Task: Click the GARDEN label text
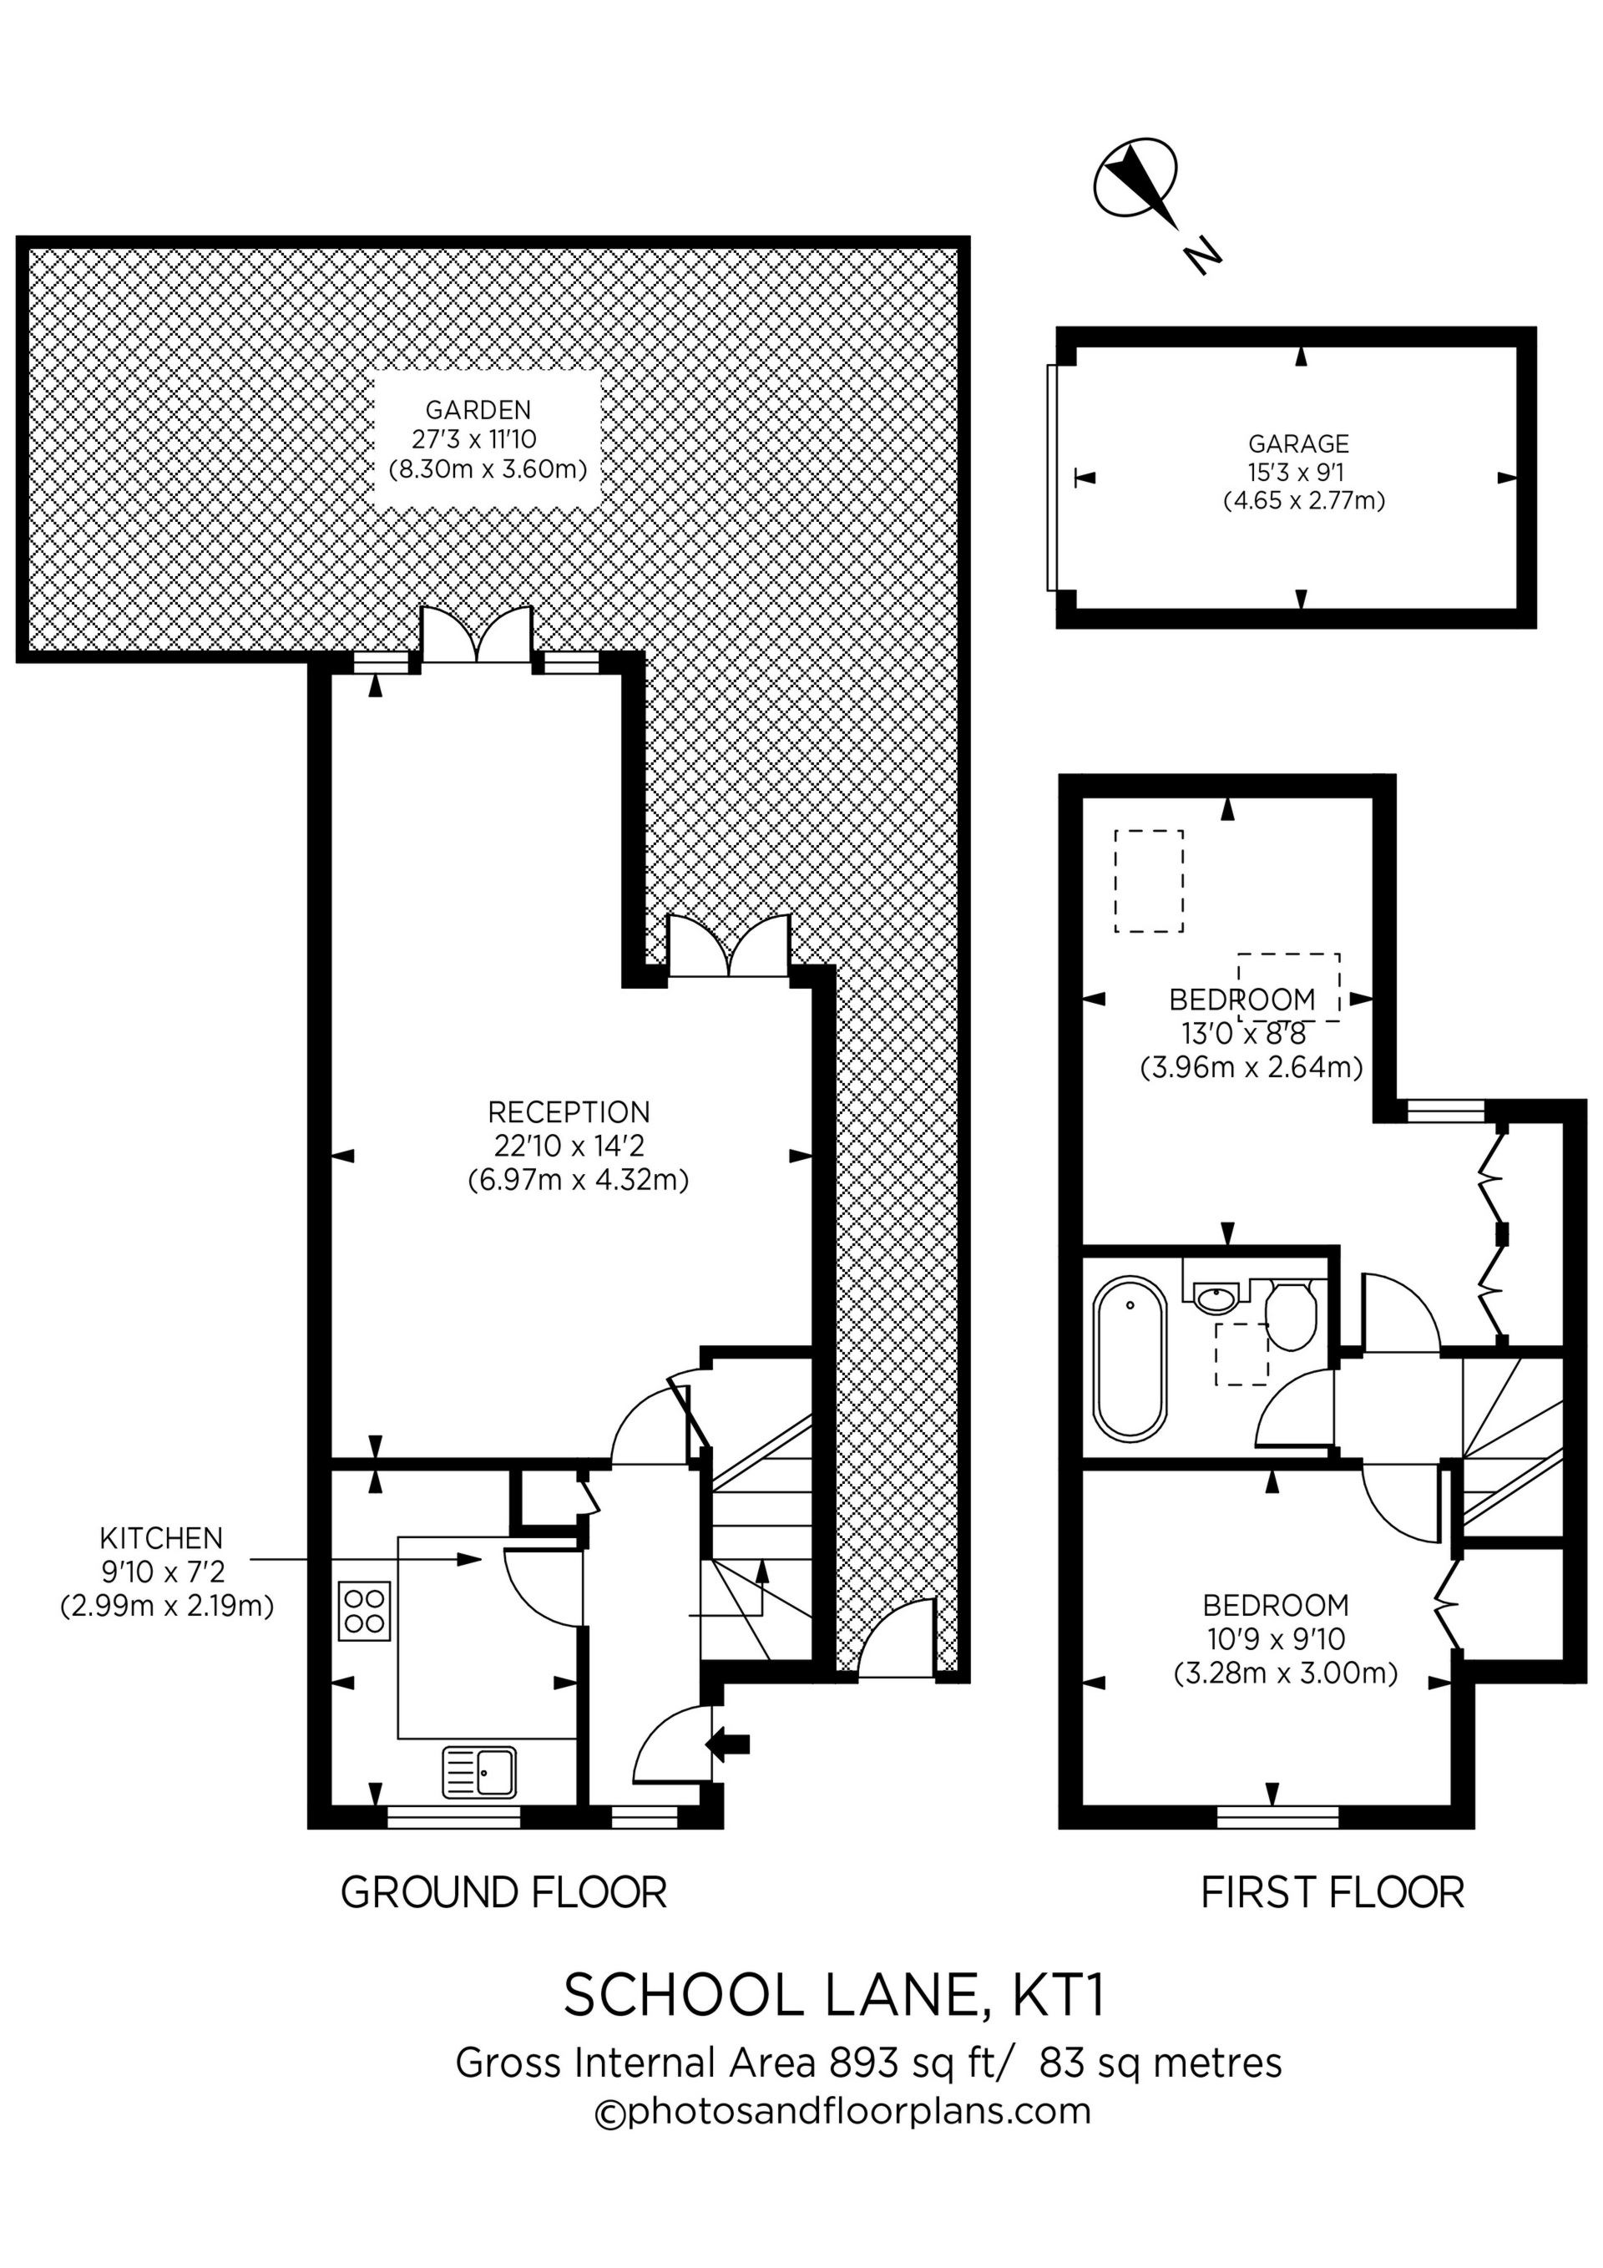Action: (478, 409)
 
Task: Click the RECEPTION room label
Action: (569, 1112)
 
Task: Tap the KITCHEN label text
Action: (161, 1538)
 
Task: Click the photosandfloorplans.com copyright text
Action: (842, 2112)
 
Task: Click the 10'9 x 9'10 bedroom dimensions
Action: (1276, 1640)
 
